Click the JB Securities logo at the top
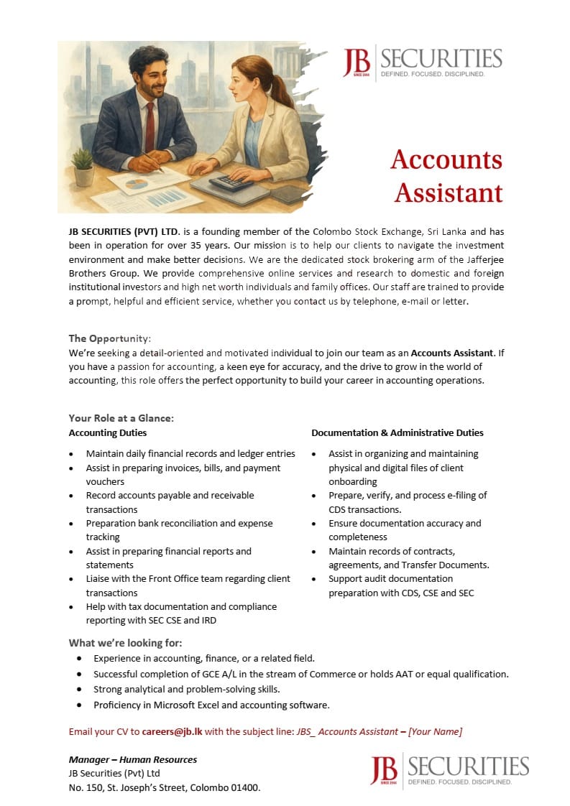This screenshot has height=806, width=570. click(x=423, y=63)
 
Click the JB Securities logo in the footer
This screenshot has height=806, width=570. click(x=449, y=769)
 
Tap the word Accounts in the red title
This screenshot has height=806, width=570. click(x=446, y=159)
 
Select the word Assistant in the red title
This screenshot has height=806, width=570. click(x=449, y=193)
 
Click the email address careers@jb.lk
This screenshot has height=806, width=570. click(x=173, y=731)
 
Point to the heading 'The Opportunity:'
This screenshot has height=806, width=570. click(x=110, y=338)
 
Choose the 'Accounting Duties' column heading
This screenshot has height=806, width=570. click(x=108, y=433)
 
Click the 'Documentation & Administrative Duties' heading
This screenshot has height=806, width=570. click(x=397, y=433)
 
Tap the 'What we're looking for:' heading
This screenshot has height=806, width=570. click(x=125, y=643)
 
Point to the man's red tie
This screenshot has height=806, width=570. click(x=150, y=127)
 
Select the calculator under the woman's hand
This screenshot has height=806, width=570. click(x=231, y=182)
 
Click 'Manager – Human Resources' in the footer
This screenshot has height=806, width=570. click(x=133, y=759)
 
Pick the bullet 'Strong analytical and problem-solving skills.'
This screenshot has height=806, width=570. click(x=187, y=690)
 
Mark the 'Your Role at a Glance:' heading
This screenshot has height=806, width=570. click(x=121, y=418)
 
